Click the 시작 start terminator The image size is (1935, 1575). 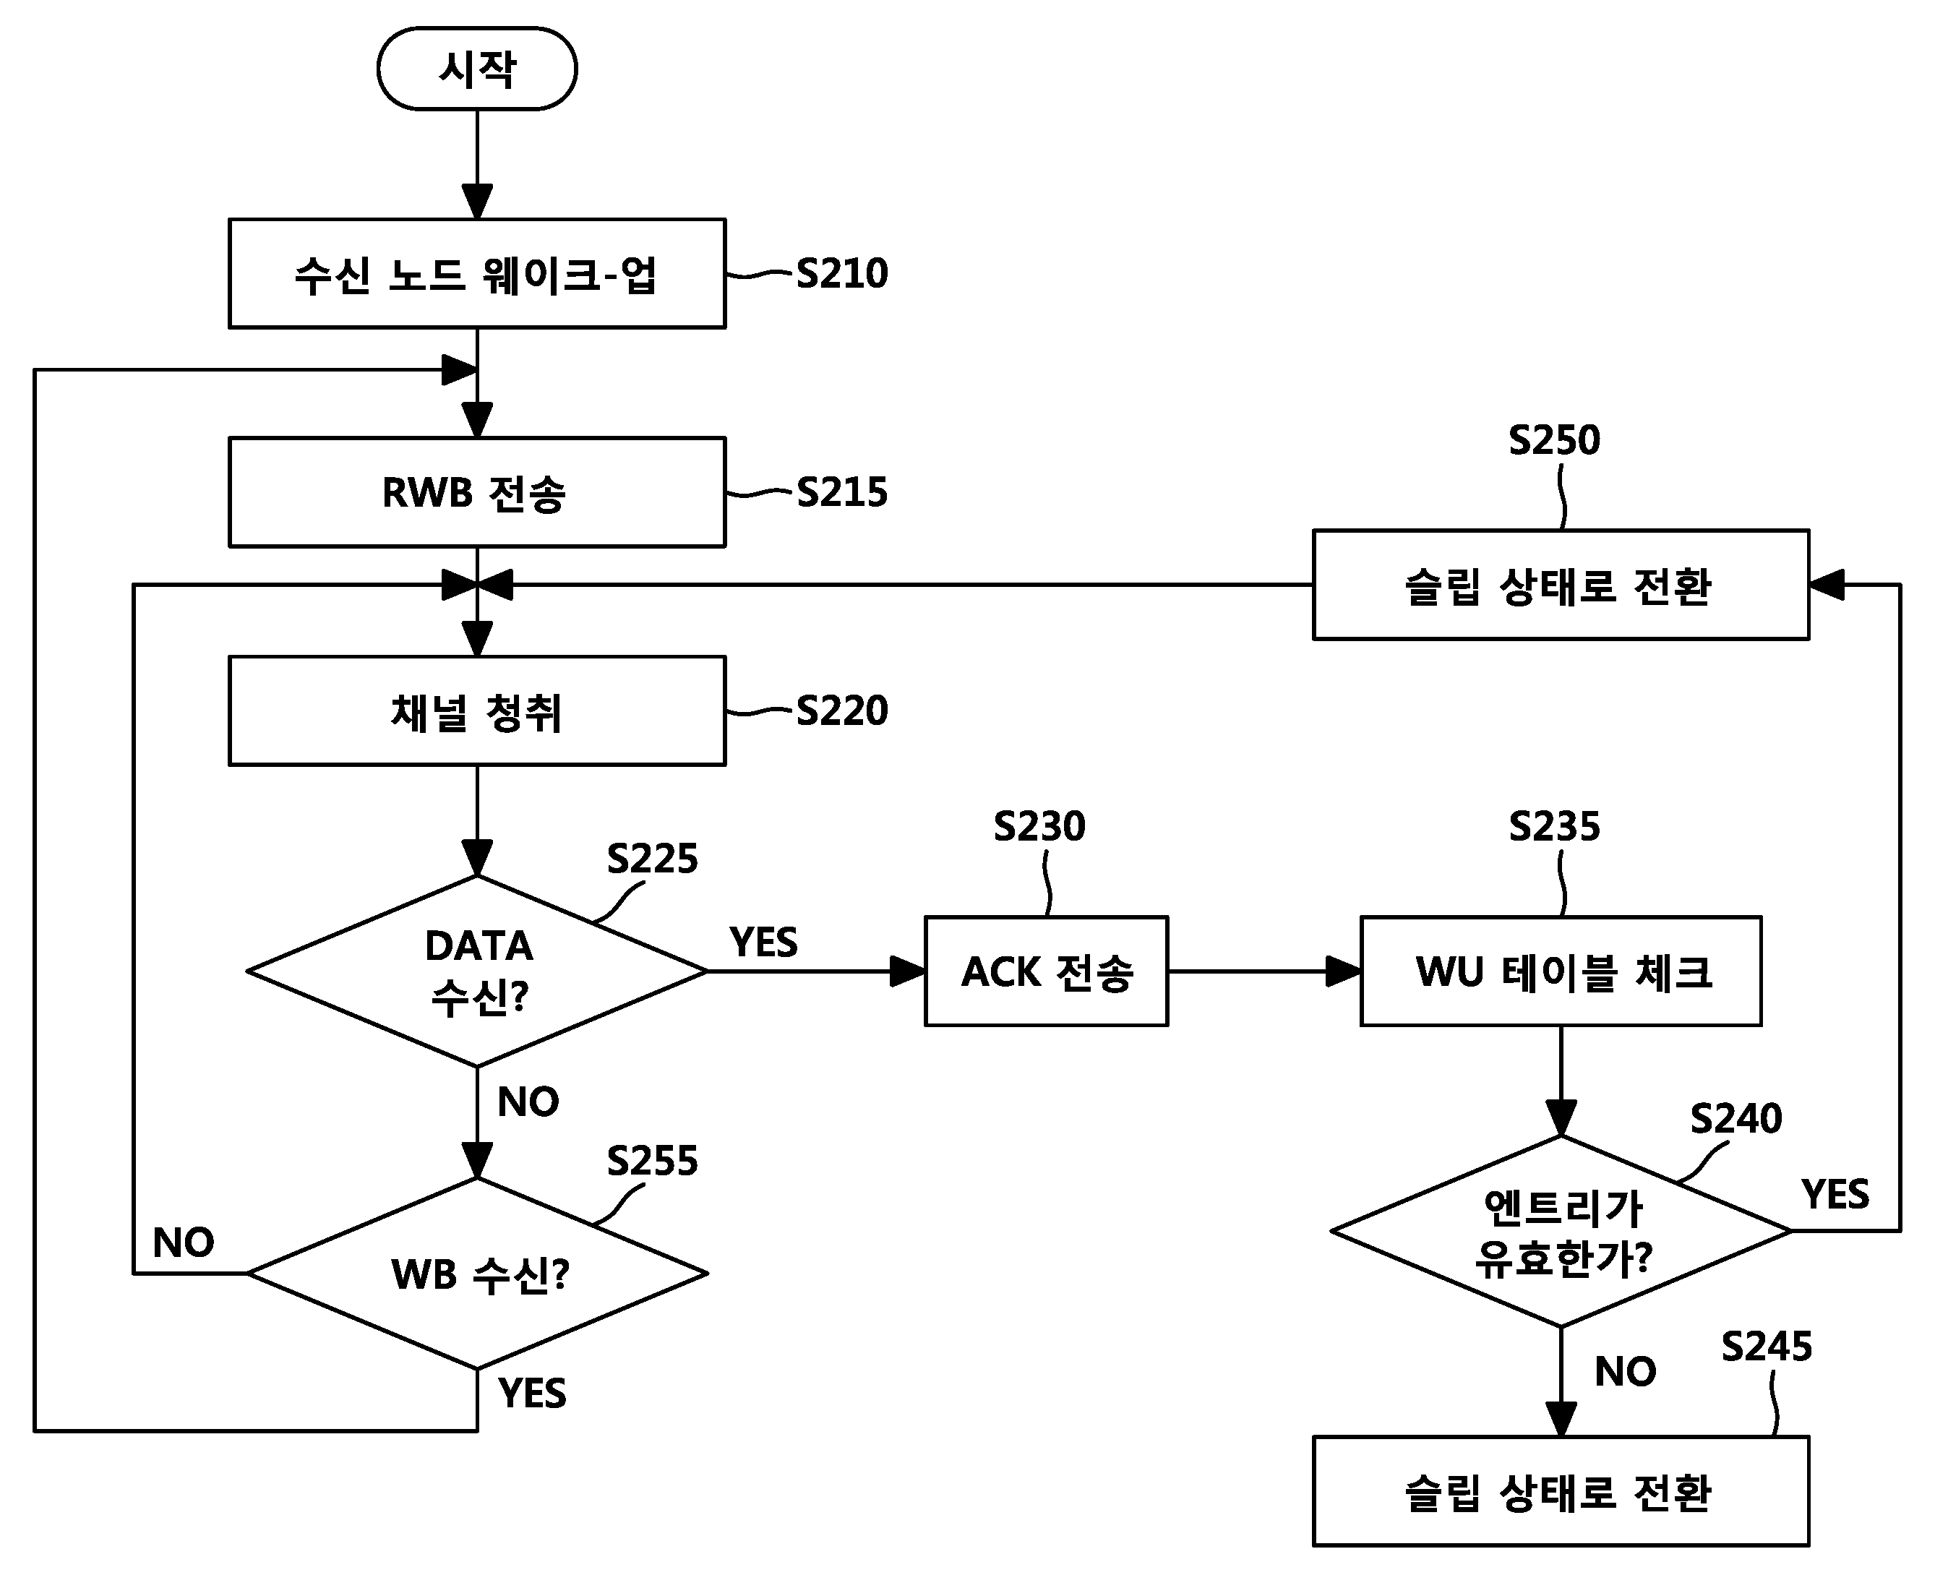click(477, 69)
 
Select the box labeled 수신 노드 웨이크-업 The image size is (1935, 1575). click(477, 273)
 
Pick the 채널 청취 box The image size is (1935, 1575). click(477, 711)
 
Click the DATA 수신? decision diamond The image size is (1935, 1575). click(477, 971)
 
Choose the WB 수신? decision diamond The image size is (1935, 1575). click(477, 1273)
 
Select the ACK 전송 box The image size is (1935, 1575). click(1046, 971)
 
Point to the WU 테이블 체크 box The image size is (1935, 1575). click(1561, 971)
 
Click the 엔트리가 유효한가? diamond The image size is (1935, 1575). click(1561, 1231)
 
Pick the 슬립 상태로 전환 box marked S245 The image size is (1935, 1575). click(1561, 1492)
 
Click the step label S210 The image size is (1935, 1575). click(842, 274)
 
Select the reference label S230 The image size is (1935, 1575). click(1039, 826)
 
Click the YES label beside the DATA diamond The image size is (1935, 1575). click(764, 943)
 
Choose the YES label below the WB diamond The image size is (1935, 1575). click(533, 1394)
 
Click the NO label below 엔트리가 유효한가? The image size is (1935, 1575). click(1626, 1372)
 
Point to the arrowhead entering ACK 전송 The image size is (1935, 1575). click(907, 971)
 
